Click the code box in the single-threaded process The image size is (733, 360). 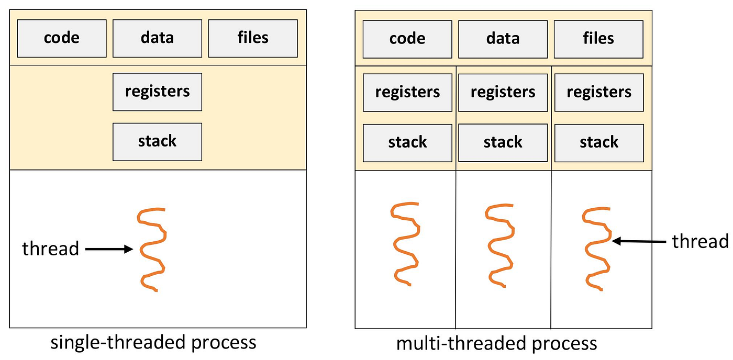coord(62,38)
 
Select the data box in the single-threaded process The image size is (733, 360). coord(157,38)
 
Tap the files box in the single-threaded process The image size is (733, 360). coord(253,38)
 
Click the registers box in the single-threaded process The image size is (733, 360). coord(157,92)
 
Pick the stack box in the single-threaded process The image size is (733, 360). coord(157,142)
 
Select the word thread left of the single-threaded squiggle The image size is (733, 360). coord(50,249)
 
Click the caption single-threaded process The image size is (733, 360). coord(153,342)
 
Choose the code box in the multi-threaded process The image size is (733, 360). coord(407,39)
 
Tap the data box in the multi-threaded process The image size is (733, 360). coord(503,39)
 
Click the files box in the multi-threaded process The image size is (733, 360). coord(598,39)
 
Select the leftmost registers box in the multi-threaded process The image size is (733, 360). coord(407,93)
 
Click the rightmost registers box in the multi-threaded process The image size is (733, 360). coord(599,93)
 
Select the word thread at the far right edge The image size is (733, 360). coord(700,241)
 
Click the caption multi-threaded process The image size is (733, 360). coord(496,343)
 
